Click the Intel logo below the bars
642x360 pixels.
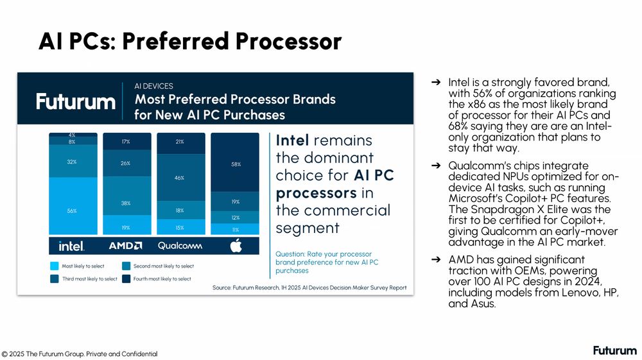coord(72,246)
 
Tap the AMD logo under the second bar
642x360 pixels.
coord(125,245)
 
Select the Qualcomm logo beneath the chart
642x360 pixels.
coord(180,245)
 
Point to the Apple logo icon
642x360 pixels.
coord(236,245)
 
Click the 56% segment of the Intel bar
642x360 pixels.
coord(73,206)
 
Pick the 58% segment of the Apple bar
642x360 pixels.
coord(235,162)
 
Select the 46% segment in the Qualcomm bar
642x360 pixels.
coord(181,177)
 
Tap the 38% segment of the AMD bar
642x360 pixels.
coord(127,196)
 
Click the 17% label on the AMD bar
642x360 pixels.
coord(126,142)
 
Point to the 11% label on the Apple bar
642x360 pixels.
coord(236,230)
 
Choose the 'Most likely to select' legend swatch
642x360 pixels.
coord(55,266)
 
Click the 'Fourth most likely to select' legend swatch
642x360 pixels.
coord(126,279)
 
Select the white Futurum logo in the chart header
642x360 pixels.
coord(76,101)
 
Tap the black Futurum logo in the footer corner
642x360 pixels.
coord(615,350)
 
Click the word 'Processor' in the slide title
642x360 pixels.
coord(288,41)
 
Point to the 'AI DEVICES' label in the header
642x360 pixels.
coord(153,86)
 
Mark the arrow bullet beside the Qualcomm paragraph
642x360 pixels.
coord(436,166)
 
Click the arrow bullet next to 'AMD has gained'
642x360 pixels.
coord(436,259)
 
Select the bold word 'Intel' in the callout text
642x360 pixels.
coord(292,141)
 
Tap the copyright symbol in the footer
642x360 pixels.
coord(4,354)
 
